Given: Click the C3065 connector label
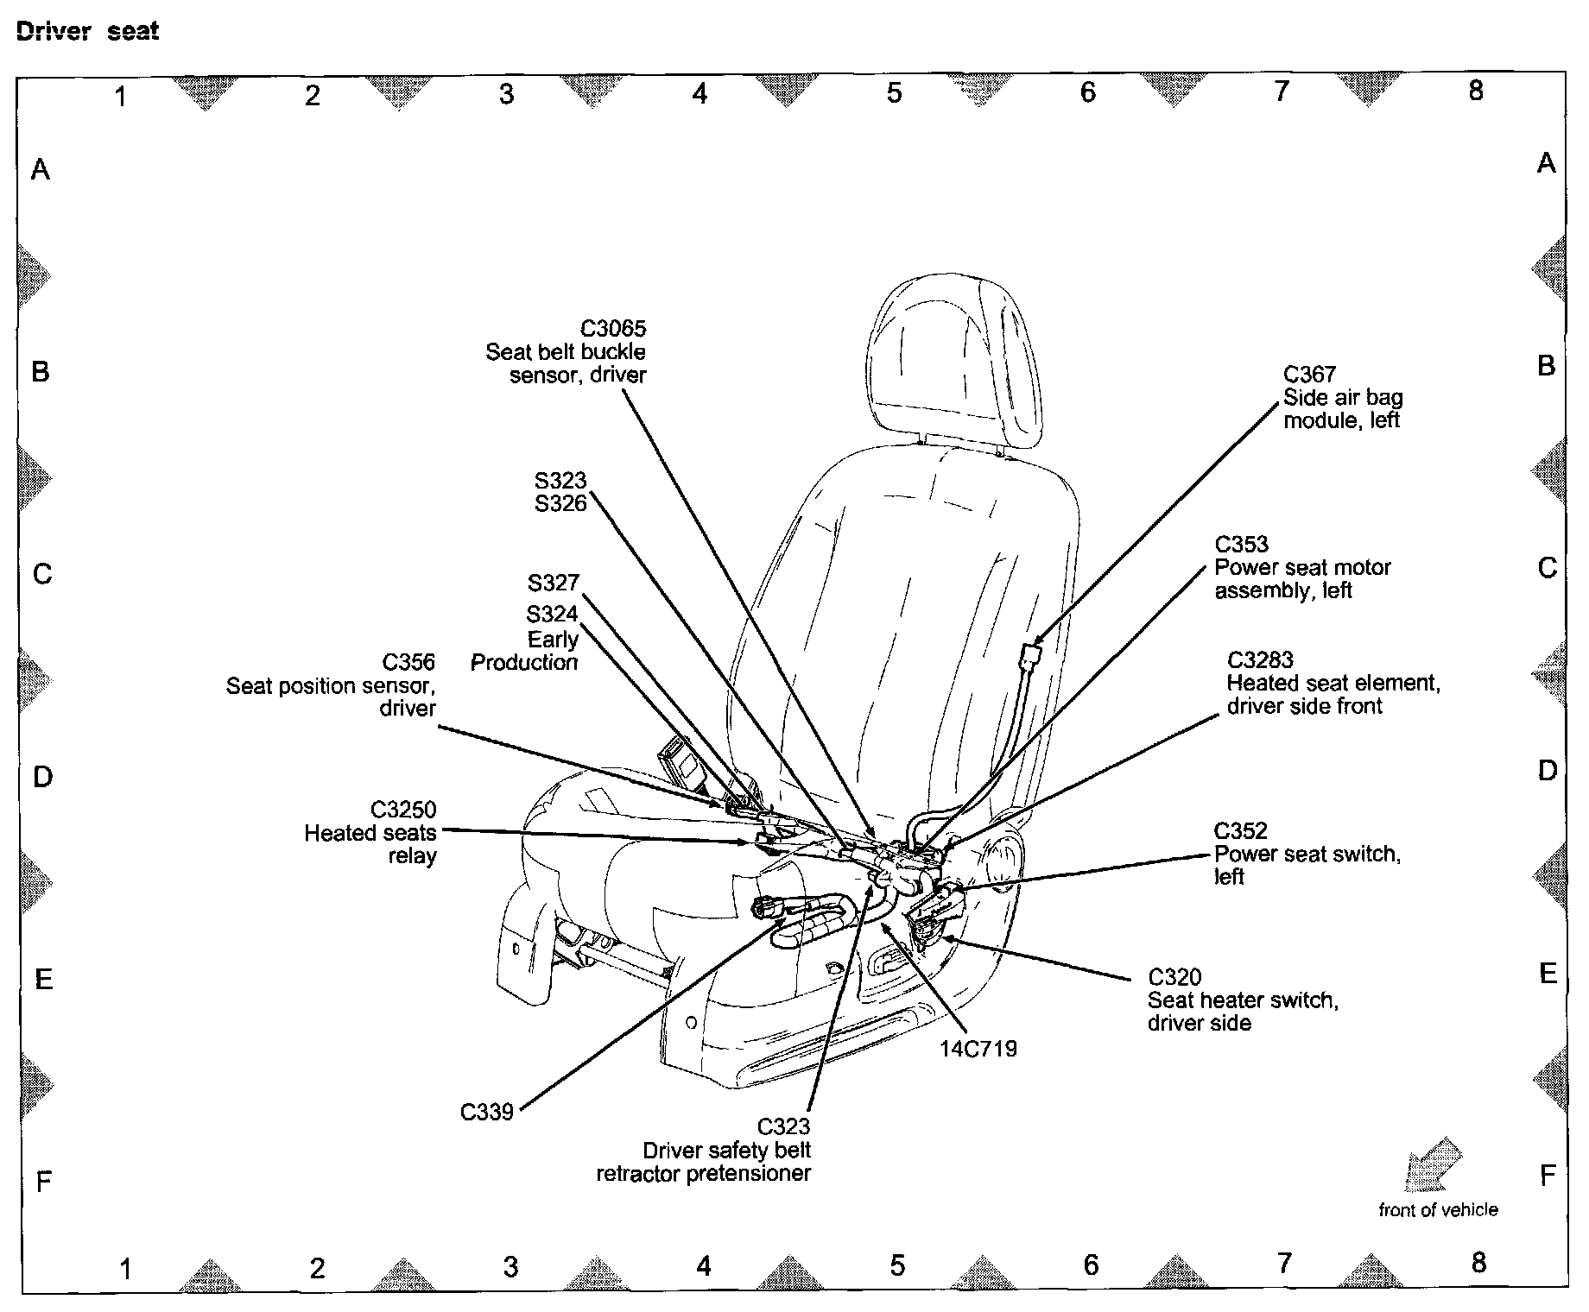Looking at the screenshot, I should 612,329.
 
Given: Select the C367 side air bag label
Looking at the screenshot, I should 1309,375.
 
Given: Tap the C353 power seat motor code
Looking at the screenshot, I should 1241,545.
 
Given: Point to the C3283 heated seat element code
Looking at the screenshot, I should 1260,660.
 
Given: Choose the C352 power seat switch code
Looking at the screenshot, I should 1240,830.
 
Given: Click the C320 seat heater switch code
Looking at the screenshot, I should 1174,977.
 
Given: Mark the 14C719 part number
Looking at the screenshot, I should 978,1049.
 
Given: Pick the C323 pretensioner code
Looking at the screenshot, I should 783,1126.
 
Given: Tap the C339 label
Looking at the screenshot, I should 487,1112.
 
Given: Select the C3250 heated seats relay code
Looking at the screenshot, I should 403,810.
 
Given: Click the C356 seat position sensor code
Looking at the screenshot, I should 408,662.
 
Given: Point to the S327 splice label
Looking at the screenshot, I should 553,583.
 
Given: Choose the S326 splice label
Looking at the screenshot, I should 560,503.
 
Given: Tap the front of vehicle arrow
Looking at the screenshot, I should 1433,1164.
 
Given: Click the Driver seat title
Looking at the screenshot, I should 88,32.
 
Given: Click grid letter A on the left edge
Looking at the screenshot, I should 40,169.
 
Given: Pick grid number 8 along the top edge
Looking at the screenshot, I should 1475,90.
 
